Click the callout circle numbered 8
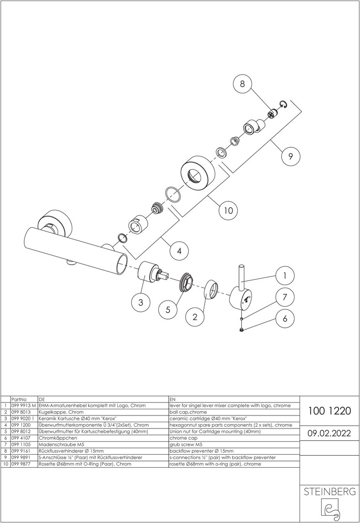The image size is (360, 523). pos(242,84)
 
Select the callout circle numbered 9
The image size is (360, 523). pos(290,156)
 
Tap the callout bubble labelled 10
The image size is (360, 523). pos(228,210)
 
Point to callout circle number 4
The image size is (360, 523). pos(179,250)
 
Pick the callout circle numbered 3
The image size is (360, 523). pos(141,302)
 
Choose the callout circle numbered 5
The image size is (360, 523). pos(168,309)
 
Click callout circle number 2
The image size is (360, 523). pos(195,317)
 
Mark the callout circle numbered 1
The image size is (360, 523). pos(284,276)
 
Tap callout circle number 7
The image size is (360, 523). pos(284,297)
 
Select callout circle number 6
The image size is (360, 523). pos(284,318)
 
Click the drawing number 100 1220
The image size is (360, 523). pos(329,411)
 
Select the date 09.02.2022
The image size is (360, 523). pos(329,433)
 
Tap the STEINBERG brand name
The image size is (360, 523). pos(329,492)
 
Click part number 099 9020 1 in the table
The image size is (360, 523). pos(23,418)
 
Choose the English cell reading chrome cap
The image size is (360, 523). pos(184,438)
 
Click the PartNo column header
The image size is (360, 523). pos(19,399)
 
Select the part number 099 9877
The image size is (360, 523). pos(21,464)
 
